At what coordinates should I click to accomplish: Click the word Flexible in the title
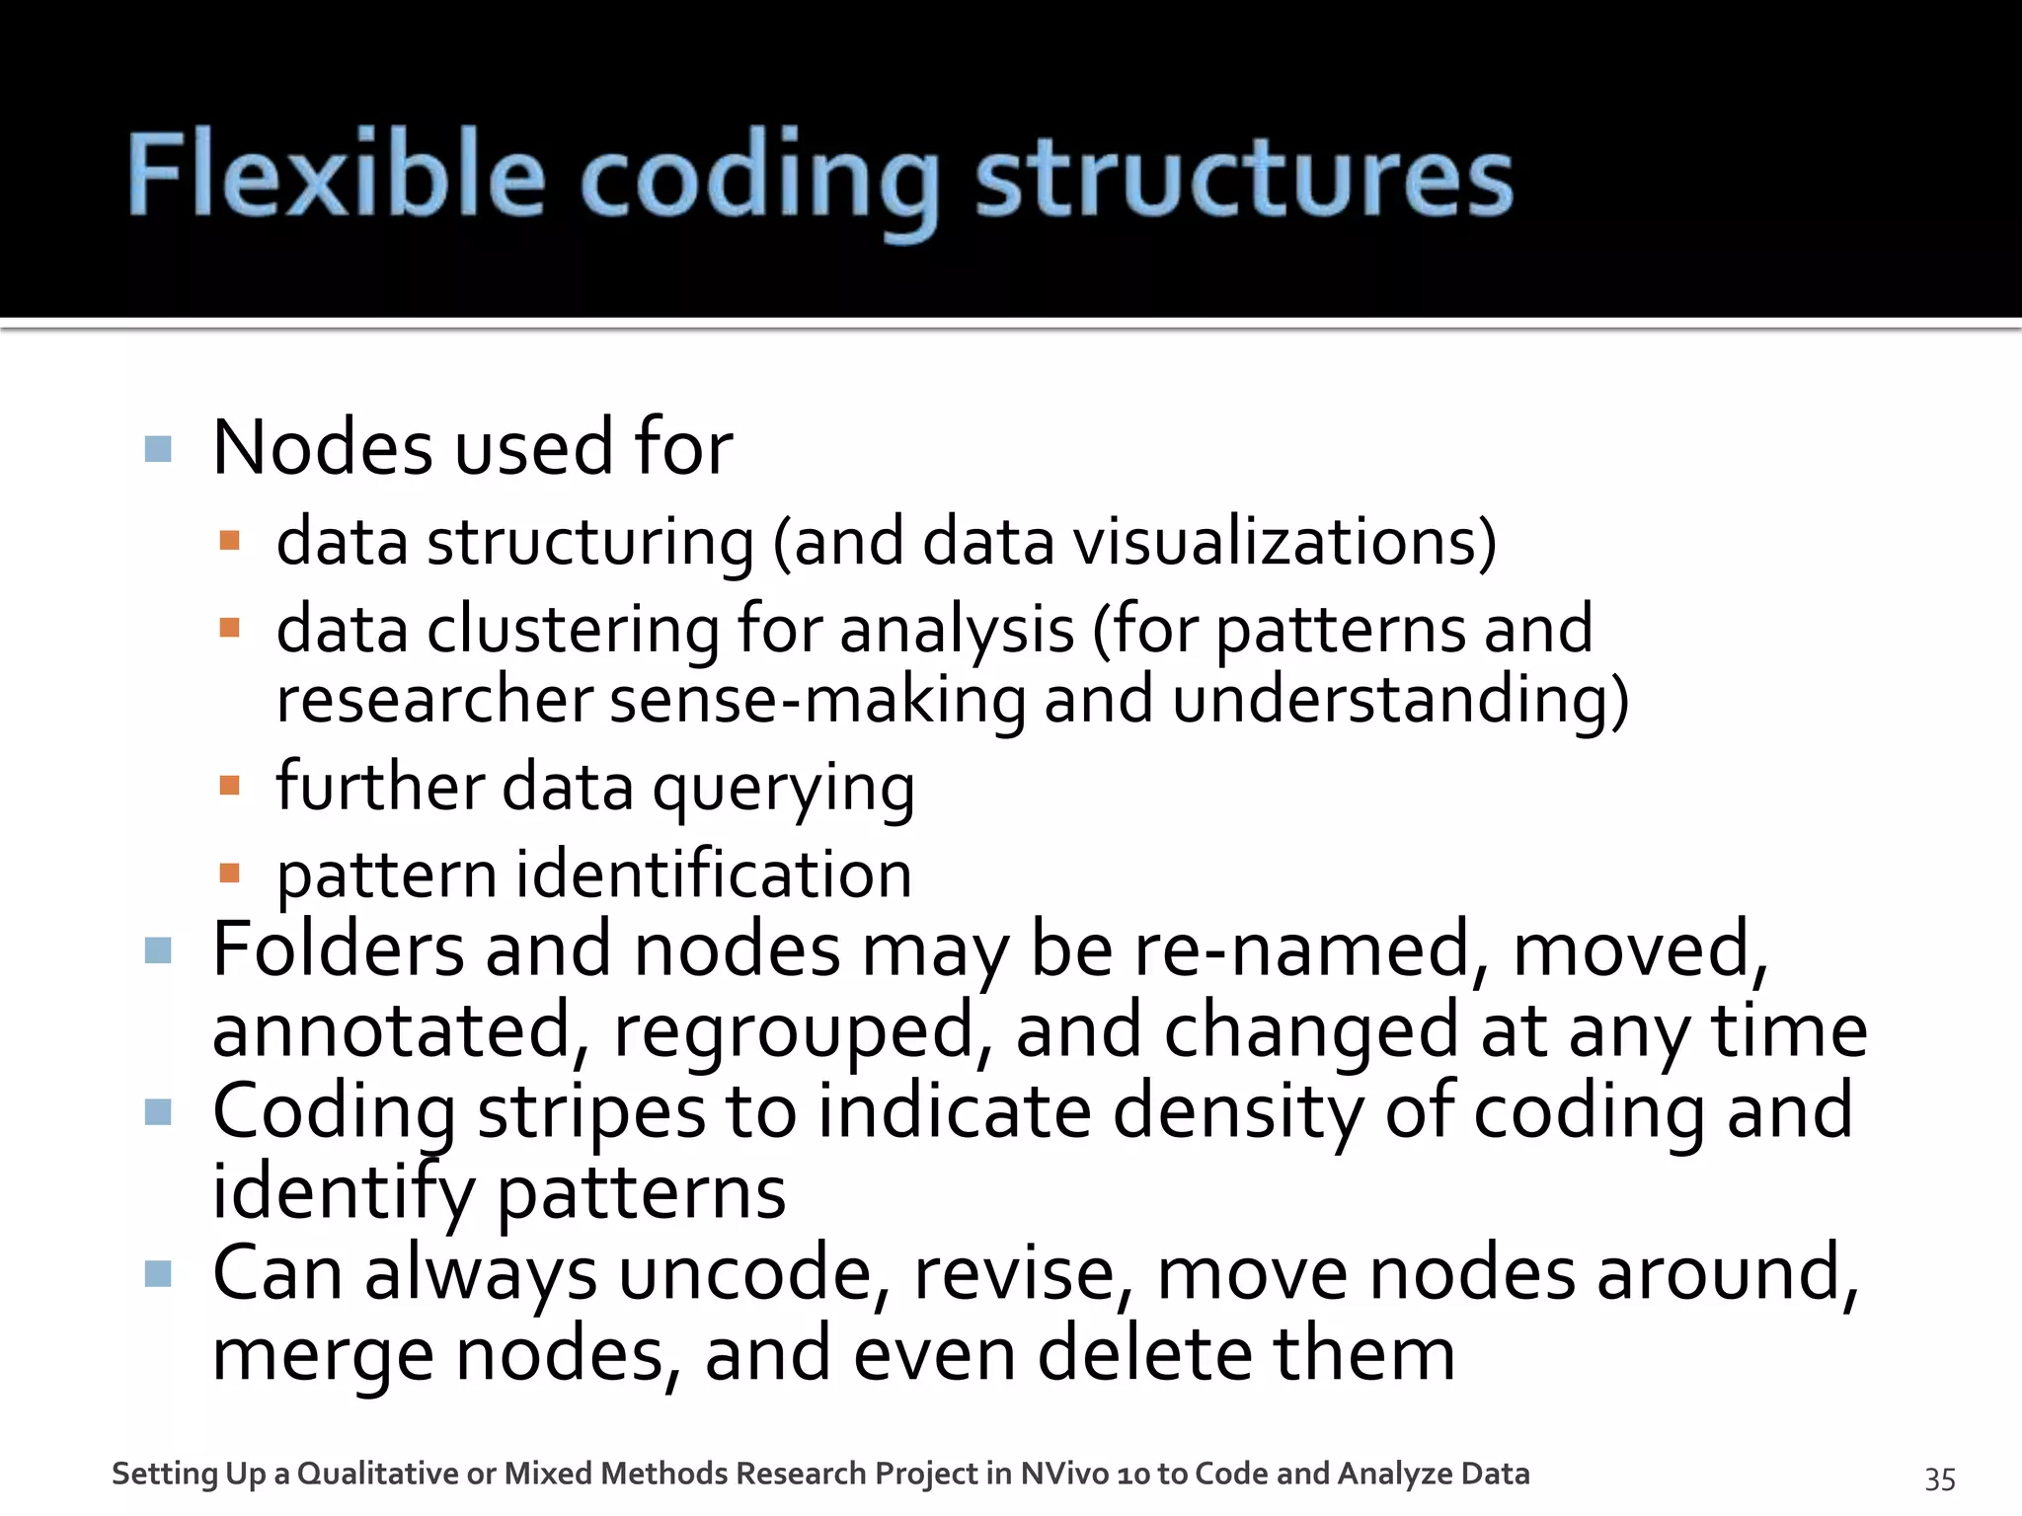coord(336,176)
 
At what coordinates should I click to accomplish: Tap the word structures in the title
coord(1244,178)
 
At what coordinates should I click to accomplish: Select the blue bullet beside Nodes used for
coord(158,449)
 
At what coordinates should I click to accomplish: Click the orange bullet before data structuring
coord(230,541)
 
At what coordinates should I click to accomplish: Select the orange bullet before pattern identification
coord(230,872)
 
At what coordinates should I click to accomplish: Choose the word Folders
coord(339,949)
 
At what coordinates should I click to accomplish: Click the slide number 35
coord(1940,1478)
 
